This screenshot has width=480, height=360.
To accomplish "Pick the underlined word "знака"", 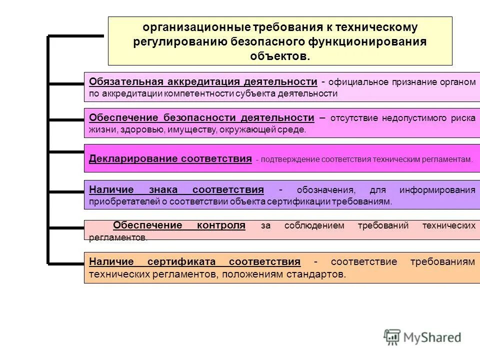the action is pos(163,190).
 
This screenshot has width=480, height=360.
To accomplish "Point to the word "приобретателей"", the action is pos(119,202).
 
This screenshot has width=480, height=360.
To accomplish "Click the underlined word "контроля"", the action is pos(221,225).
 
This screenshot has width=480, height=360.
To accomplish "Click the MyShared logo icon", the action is pos(392,336).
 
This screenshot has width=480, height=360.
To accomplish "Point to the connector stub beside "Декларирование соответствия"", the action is pos(66,151).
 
